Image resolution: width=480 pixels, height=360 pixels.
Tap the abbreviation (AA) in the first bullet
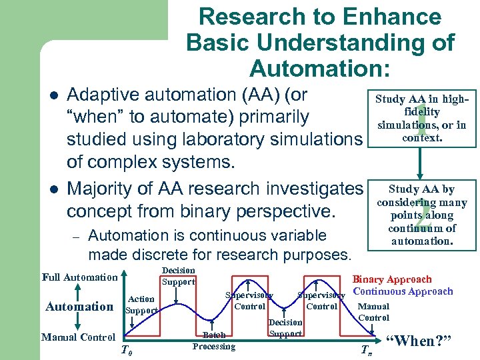click(247, 95)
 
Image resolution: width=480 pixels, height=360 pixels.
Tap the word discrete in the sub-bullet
click(151, 254)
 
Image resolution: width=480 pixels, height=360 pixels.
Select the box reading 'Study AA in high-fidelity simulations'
click(421, 119)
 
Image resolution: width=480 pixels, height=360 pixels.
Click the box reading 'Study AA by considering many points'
click(421, 215)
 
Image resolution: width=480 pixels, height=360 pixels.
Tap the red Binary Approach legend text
click(391, 280)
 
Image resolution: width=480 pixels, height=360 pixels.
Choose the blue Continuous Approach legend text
click(403, 291)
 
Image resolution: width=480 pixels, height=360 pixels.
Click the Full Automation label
click(79, 277)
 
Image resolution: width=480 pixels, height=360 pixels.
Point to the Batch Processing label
click(214, 341)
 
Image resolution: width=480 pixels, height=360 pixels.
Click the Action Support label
click(141, 305)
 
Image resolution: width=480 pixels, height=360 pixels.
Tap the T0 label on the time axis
click(125, 351)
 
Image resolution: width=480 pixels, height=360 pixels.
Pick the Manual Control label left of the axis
click(78, 337)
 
